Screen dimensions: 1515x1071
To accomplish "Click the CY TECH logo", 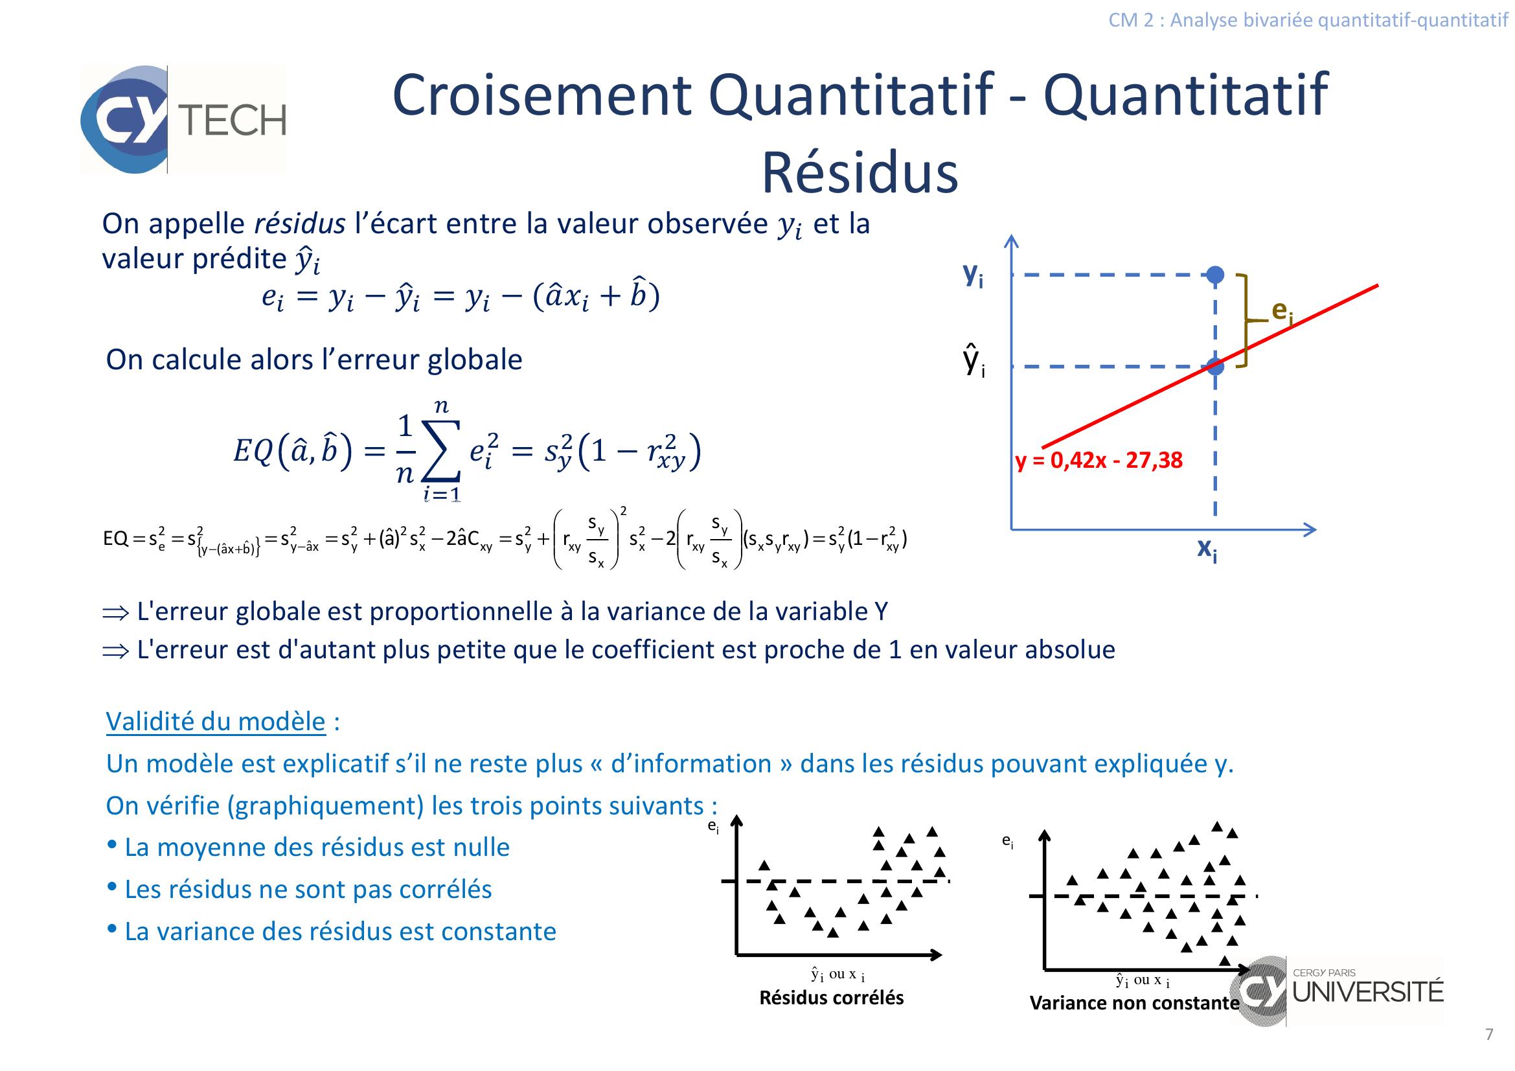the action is point(183,119).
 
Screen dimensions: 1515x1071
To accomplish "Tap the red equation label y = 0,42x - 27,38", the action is point(1099,460).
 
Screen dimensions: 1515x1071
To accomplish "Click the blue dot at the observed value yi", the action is point(1214,275).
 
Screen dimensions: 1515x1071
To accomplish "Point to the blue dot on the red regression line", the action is point(1214,366).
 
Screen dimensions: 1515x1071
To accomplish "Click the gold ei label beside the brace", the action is point(1281,311).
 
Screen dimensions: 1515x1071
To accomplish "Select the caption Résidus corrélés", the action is point(832,997).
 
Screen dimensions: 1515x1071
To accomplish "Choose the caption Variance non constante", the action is point(1134,1003).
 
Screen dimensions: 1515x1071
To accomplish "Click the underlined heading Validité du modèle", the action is point(216,721).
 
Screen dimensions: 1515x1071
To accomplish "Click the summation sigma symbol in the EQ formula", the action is point(442,453).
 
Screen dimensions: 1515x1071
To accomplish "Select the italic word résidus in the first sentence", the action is point(300,224).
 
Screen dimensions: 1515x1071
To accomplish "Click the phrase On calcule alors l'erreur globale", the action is point(314,360).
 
